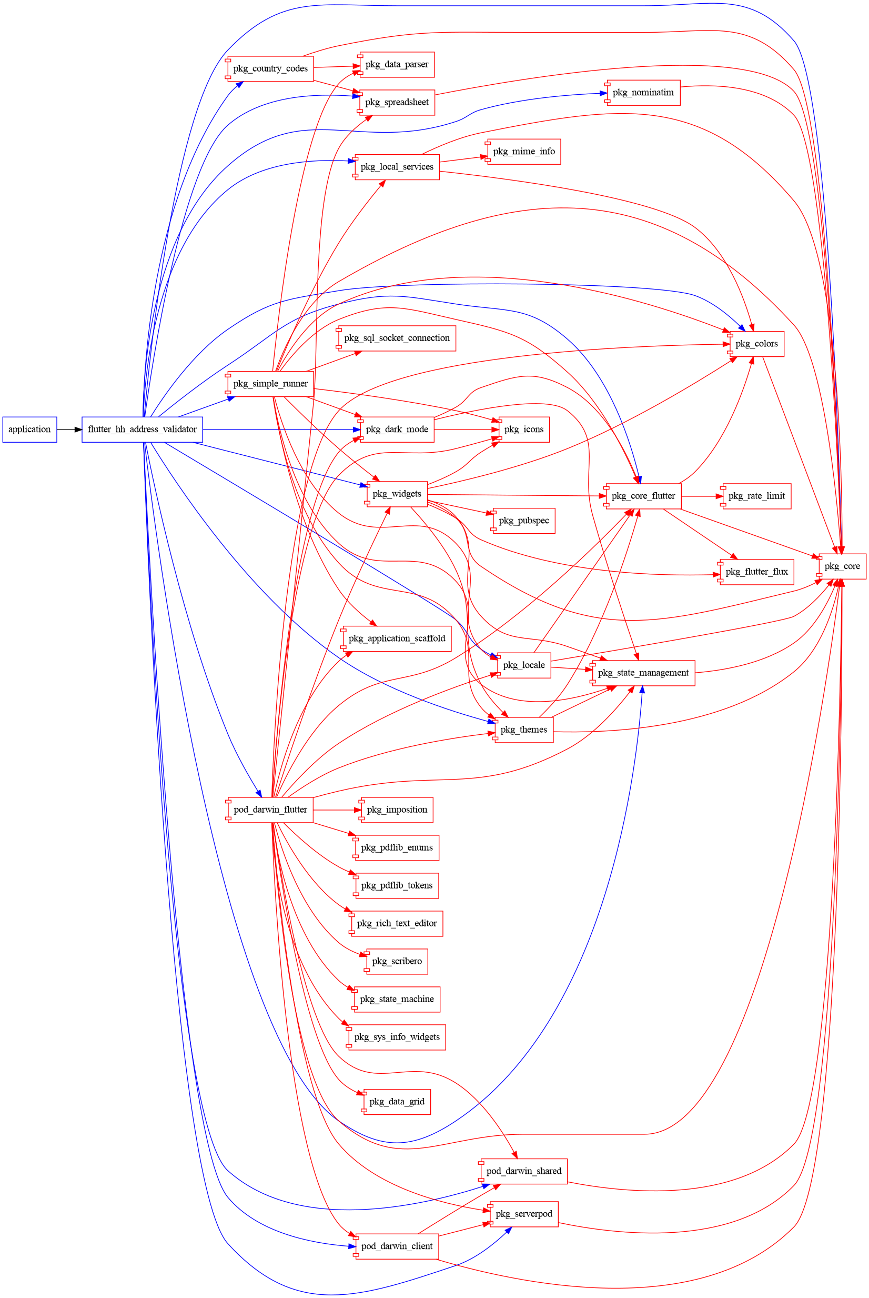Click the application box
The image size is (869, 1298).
pyautogui.click(x=29, y=429)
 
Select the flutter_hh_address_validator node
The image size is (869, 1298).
pyautogui.click(x=142, y=429)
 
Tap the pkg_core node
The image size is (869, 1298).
pyautogui.click(x=842, y=566)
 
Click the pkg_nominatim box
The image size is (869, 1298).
pyautogui.click(x=643, y=93)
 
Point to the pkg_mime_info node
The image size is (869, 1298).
pyautogui.click(x=524, y=152)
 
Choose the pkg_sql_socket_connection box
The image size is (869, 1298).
pyautogui.click(x=397, y=338)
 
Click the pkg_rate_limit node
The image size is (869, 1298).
pyautogui.click(x=756, y=496)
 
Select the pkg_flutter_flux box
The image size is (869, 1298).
pyautogui.click(x=756, y=572)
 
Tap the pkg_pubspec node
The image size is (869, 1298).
pyautogui.click(x=524, y=521)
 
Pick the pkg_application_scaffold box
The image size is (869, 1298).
pyautogui.click(x=397, y=639)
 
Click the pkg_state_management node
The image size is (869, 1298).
pyautogui.click(x=643, y=673)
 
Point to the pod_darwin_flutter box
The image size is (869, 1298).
pyautogui.click(x=270, y=810)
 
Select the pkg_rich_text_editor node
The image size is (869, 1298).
pyautogui.click(x=397, y=923)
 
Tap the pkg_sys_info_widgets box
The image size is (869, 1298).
pyautogui.click(x=397, y=1037)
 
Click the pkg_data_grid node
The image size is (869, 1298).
pyautogui.click(x=397, y=1101)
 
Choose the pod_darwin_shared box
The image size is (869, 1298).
pyautogui.click(x=524, y=1171)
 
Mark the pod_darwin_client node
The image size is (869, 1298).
pyautogui.click(x=397, y=1246)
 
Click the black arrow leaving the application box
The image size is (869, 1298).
pyautogui.click(x=69, y=429)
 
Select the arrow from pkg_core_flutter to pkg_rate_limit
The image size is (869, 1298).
pyautogui.click(x=702, y=496)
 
